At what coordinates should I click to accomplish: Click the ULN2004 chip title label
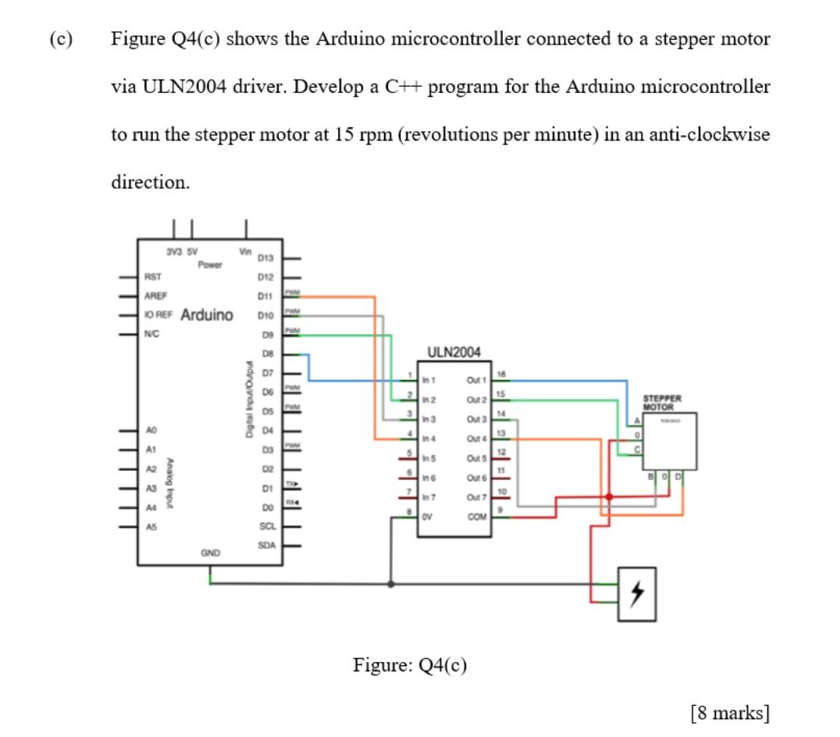coord(454,351)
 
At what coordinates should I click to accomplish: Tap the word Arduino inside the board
coord(206,315)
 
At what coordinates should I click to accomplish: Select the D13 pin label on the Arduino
coord(265,258)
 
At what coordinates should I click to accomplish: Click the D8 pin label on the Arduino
coord(266,354)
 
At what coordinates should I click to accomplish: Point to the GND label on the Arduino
coord(210,552)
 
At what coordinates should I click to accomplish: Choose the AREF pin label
coord(156,296)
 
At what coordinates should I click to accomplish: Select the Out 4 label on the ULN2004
coord(475,440)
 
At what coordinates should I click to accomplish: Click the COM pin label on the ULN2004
coord(476,516)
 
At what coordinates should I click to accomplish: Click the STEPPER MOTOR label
coord(662,402)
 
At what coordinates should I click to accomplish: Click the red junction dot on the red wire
coord(609,497)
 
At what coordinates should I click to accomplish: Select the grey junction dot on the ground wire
coord(390,582)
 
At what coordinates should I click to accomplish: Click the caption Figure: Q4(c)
coord(410,665)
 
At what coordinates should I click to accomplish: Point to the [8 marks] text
coord(730,712)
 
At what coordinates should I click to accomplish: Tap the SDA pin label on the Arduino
coord(265,543)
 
